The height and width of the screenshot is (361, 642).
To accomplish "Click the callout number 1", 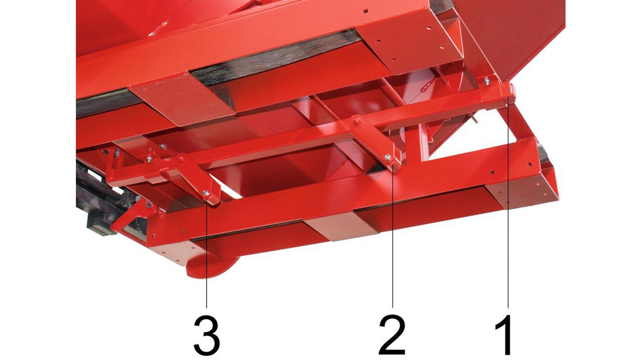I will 504,335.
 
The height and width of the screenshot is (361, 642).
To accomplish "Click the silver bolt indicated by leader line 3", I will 206,193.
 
